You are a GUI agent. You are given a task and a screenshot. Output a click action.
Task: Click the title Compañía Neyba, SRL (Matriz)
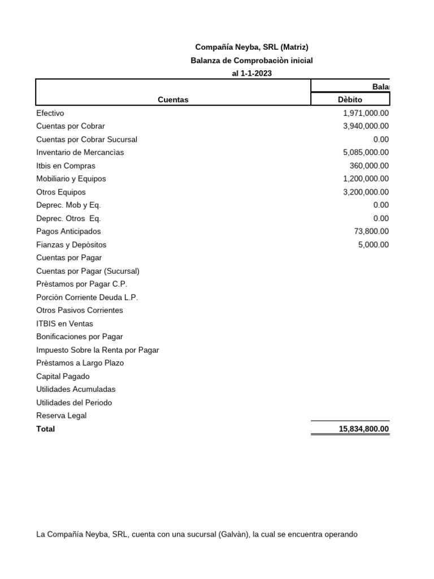251,47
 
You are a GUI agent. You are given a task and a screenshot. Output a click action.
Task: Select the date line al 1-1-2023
251,74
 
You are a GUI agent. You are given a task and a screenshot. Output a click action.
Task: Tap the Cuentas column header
173,100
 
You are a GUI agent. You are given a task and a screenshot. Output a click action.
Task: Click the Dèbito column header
350,100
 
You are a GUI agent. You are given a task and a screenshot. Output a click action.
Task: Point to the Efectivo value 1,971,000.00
366,113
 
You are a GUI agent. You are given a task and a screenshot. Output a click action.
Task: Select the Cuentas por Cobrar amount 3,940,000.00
366,126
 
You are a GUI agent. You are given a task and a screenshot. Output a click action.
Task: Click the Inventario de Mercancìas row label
80,152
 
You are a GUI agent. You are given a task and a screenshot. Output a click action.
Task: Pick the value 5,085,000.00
366,152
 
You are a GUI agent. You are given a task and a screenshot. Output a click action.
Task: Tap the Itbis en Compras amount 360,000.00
369,166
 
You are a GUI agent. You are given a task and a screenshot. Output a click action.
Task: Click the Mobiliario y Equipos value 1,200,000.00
366,179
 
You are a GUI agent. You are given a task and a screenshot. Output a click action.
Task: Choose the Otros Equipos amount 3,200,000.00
366,192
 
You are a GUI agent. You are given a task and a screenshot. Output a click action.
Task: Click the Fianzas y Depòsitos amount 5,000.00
374,245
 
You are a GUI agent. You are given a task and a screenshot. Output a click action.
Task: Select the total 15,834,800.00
363,429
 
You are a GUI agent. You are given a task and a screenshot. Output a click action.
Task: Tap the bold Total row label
46,429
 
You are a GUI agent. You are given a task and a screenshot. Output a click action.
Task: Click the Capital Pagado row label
63,376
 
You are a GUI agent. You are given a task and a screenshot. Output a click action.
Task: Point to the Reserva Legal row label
61,416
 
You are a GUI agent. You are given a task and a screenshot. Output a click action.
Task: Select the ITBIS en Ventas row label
64,323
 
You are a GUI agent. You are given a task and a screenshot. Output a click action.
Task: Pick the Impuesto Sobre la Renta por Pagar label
97,350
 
